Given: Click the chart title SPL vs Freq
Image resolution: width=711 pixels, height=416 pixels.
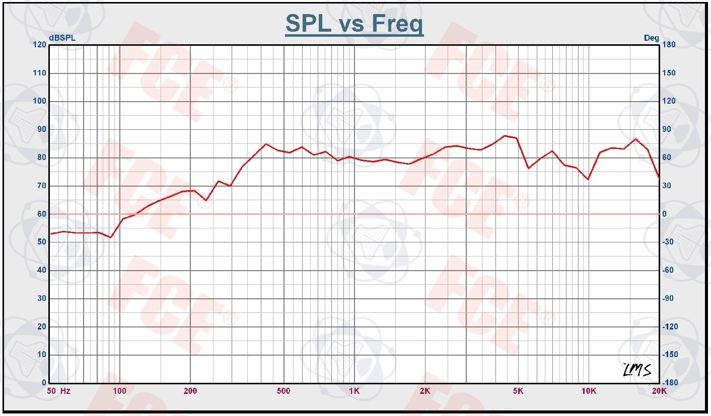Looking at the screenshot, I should [x=354, y=24].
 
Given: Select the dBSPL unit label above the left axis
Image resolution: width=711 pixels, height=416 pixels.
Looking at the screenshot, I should [x=59, y=38].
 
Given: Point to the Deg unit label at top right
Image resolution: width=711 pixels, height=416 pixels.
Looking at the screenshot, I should [x=651, y=38].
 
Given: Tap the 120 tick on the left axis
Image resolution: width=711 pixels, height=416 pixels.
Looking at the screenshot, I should [x=40, y=45].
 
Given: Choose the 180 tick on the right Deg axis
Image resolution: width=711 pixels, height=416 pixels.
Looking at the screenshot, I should [x=669, y=45].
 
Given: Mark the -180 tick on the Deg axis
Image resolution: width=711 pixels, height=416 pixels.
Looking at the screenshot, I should [x=669, y=383].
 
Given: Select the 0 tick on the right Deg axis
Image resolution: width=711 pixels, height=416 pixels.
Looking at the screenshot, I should [x=664, y=214].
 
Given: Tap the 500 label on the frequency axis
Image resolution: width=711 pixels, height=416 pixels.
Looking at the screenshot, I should [x=283, y=391].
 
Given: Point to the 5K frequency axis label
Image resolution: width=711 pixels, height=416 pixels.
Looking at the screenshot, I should [x=518, y=391].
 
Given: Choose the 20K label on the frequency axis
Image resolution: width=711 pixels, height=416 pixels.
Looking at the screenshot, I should [x=659, y=391].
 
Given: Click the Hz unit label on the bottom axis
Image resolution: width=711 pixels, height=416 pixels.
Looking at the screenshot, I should [x=65, y=391].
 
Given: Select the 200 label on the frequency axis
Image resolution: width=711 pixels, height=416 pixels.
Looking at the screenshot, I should [x=190, y=391].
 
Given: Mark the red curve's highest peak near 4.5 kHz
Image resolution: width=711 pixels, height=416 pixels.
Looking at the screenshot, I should [x=505, y=136].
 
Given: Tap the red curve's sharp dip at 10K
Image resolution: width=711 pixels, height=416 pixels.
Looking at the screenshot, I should [x=588, y=179].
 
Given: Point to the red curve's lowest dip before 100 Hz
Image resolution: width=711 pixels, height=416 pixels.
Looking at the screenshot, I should [x=110, y=237].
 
